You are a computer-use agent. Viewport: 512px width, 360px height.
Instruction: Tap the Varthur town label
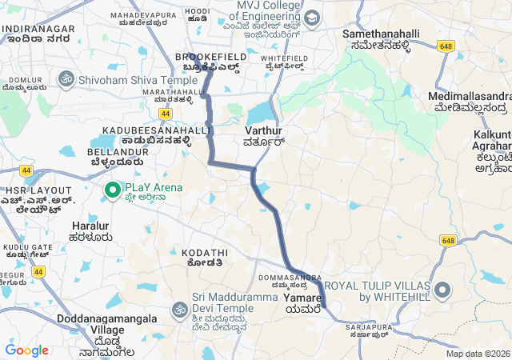pyautogui.click(x=263, y=130)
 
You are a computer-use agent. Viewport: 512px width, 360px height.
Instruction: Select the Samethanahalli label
pyautogui.click(x=376, y=34)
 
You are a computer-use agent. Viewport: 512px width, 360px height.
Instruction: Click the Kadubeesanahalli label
pyautogui.click(x=156, y=130)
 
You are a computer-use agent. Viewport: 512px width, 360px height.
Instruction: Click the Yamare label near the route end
pyautogui.click(x=302, y=298)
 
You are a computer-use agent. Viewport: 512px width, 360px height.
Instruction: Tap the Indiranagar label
pyautogui.click(x=38, y=30)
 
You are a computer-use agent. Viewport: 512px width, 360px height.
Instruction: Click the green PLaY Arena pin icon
pyautogui.click(x=112, y=190)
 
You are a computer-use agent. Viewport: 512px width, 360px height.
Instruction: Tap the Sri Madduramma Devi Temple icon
pyautogui.click(x=179, y=308)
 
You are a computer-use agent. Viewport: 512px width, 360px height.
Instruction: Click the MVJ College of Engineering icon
pyautogui.click(x=311, y=18)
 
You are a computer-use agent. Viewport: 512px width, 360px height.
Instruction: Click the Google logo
pyautogui.click(x=26, y=350)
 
